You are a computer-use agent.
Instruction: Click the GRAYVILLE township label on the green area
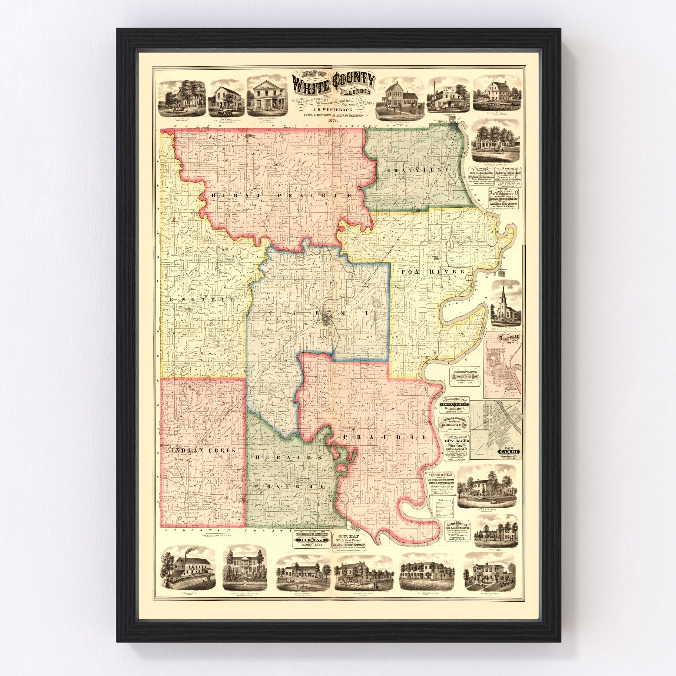(x=418, y=170)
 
